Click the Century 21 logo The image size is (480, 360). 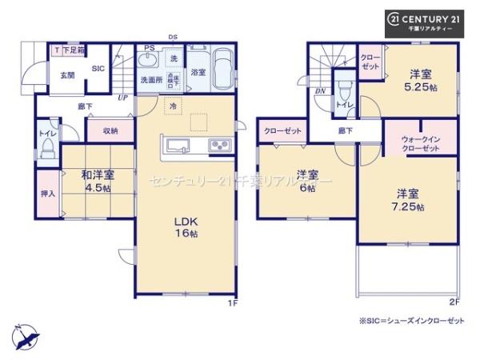pyautogui.click(x=431, y=21)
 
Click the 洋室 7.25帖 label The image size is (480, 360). pyautogui.click(x=408, y=199)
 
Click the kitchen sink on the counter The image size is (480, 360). pyautogui.click(x=178, y=145)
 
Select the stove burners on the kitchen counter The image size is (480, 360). pyautogui.click(x=219, y=145)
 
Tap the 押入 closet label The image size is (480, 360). pyautogui.click(x=47, y=194)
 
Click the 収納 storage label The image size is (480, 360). pyautogui.click(x=110, y=130)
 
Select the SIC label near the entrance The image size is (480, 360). pyautogui.click(x=99, y=68)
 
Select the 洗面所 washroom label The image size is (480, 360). pyautogui.click(x=152, y=80)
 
